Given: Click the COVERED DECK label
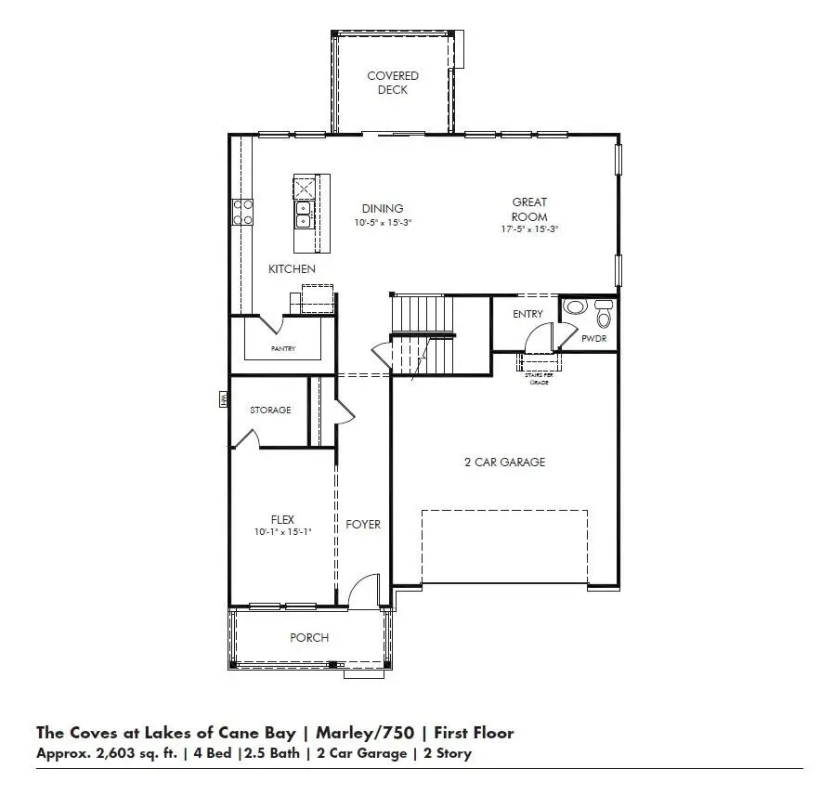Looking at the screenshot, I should tap(392, 83).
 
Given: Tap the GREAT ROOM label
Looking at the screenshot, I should tap(529, 209).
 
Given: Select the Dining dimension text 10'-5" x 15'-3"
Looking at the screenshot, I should tap(382, 223).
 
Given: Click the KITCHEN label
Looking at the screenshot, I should tap(292, 268).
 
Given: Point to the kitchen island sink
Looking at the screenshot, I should tap(304, 215).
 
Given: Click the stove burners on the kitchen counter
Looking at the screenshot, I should tap(243, 212).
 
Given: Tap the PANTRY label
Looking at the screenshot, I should tap(282, 348).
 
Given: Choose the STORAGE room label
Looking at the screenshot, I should tap(270, 410).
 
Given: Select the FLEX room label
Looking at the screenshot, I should tap(282, 519).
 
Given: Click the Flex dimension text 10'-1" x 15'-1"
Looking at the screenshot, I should tap(282, 532).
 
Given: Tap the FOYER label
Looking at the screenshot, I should tap(363, 524).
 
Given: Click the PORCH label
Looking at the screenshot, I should tap(309, 637).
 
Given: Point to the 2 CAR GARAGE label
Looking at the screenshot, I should tap(504, 462).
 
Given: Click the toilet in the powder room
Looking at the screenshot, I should tap(604, 315).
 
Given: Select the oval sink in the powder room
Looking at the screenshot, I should tap(575, 307).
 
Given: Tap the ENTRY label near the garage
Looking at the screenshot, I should tap(527, 314).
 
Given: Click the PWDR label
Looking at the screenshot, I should tap(593, 339).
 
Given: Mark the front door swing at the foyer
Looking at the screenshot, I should tap(366, 591).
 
